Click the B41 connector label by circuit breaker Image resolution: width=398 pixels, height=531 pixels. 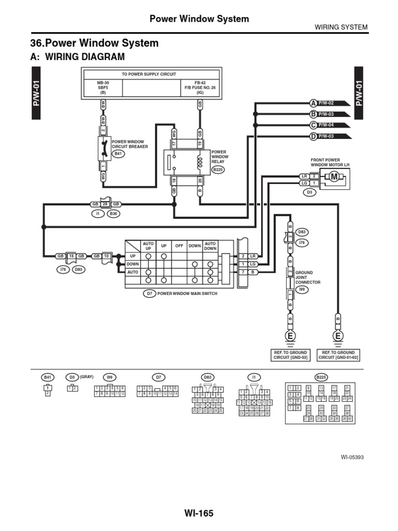pos(119,154)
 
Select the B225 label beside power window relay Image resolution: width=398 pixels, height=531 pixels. pos(218,170)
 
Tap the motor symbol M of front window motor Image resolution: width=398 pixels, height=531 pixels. pos(334,178)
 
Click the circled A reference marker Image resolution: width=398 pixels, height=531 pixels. pos(314,103)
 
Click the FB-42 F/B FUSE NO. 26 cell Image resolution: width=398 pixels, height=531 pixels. pos(200,88)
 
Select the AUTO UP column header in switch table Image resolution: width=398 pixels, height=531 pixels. pos(148,245)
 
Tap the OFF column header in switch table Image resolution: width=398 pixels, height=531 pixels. pos(179,246)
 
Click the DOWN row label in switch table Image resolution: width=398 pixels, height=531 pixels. pos(133,263)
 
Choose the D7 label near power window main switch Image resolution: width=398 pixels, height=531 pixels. pos(149,294)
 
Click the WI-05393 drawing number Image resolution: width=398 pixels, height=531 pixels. pos(352,457)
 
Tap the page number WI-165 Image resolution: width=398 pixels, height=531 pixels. pos(198,513)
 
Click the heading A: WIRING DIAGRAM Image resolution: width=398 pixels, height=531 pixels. pos(78,56)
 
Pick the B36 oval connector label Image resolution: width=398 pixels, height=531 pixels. pos(114,213)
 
